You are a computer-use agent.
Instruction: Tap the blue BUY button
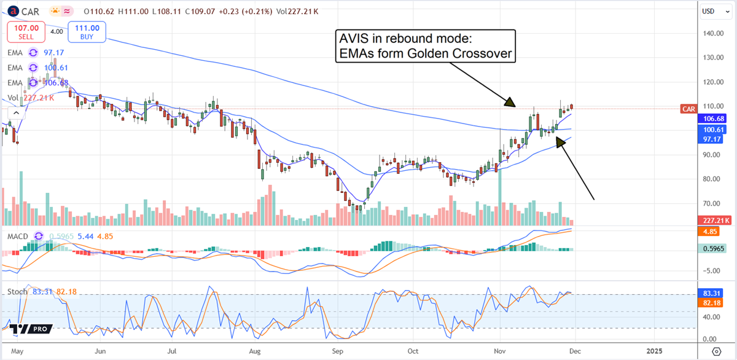pyautogui.click(x=88, y=31)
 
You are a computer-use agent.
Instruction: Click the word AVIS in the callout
pyautogui.click(x=355, y=39)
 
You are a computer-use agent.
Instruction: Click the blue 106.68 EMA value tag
pyautogui.click(x=714, y=118)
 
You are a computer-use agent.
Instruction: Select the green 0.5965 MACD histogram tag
pyautogui.click(x=714, y=248)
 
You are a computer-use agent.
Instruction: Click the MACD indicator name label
pyautogui.click(x=17, y=236)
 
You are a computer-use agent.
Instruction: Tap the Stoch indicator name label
pyautogui.click(x=18, y=291)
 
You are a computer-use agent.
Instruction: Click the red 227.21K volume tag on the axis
pyautogui.click(x=714, y=221)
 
